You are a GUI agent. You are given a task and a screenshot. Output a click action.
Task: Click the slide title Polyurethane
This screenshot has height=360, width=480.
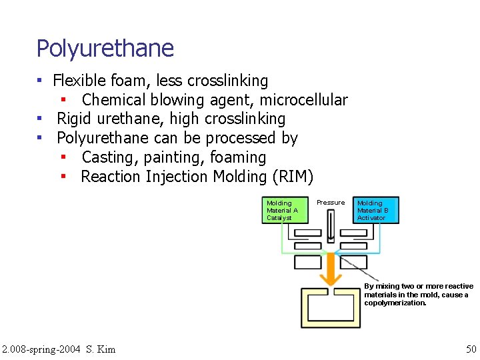click(x=105, y=49)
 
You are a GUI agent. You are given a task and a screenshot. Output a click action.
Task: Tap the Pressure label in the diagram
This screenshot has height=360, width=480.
click(x=331, y=203)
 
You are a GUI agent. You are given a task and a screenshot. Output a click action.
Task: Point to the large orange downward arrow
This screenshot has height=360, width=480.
click(x=330, y=267)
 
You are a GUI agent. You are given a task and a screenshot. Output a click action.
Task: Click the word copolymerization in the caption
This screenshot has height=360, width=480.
click(x=395, y=303)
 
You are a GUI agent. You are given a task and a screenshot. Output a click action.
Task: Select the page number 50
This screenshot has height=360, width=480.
click(x=471, y=348)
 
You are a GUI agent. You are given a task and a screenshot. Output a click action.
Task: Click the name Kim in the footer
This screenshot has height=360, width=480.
click(x=106, y=348)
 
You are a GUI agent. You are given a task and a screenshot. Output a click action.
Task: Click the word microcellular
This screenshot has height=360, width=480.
click(x=303, y=100)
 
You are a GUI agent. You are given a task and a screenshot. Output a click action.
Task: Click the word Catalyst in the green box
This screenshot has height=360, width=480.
click(x=279, y=218)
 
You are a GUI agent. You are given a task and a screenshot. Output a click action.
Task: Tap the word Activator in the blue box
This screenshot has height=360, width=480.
click(x=371, y=218)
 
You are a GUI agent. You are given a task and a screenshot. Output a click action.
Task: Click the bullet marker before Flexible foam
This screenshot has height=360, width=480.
click(x=40, y=81)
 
